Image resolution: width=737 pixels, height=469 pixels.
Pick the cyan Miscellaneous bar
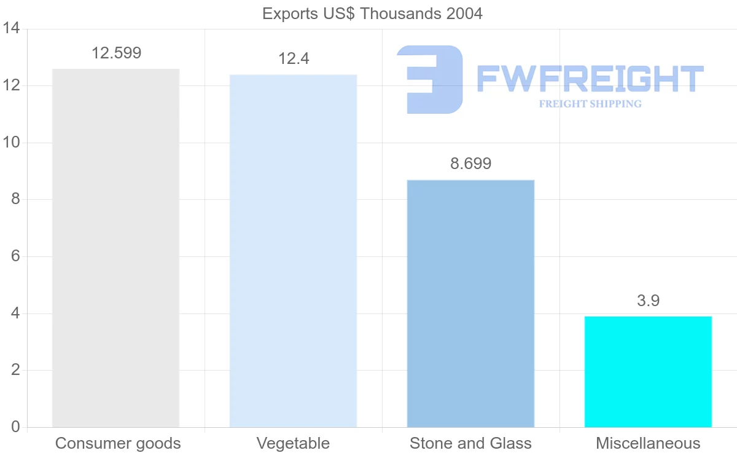648,371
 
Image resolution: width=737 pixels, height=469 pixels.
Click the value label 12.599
116,53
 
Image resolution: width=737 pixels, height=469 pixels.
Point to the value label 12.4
294,59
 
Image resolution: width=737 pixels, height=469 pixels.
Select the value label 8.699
471,164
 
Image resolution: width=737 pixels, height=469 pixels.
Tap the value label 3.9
648,301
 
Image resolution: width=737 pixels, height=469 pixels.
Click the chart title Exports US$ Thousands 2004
372,14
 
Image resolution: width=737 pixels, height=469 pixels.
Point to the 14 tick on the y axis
12,29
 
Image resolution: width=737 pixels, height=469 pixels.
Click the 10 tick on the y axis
12,143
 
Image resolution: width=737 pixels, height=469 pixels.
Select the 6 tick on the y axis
15,256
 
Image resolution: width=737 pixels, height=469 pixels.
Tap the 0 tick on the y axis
15,427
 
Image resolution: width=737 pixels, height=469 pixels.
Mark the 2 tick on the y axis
15,370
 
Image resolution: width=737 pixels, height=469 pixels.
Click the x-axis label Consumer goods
118,443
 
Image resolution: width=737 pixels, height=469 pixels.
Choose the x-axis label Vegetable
293,443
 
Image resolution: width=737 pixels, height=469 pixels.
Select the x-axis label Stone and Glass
470,443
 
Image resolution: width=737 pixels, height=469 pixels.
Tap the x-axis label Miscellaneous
648,443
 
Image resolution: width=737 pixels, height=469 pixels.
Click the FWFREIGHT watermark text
590,79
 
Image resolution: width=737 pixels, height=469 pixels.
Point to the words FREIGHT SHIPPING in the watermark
590,104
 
